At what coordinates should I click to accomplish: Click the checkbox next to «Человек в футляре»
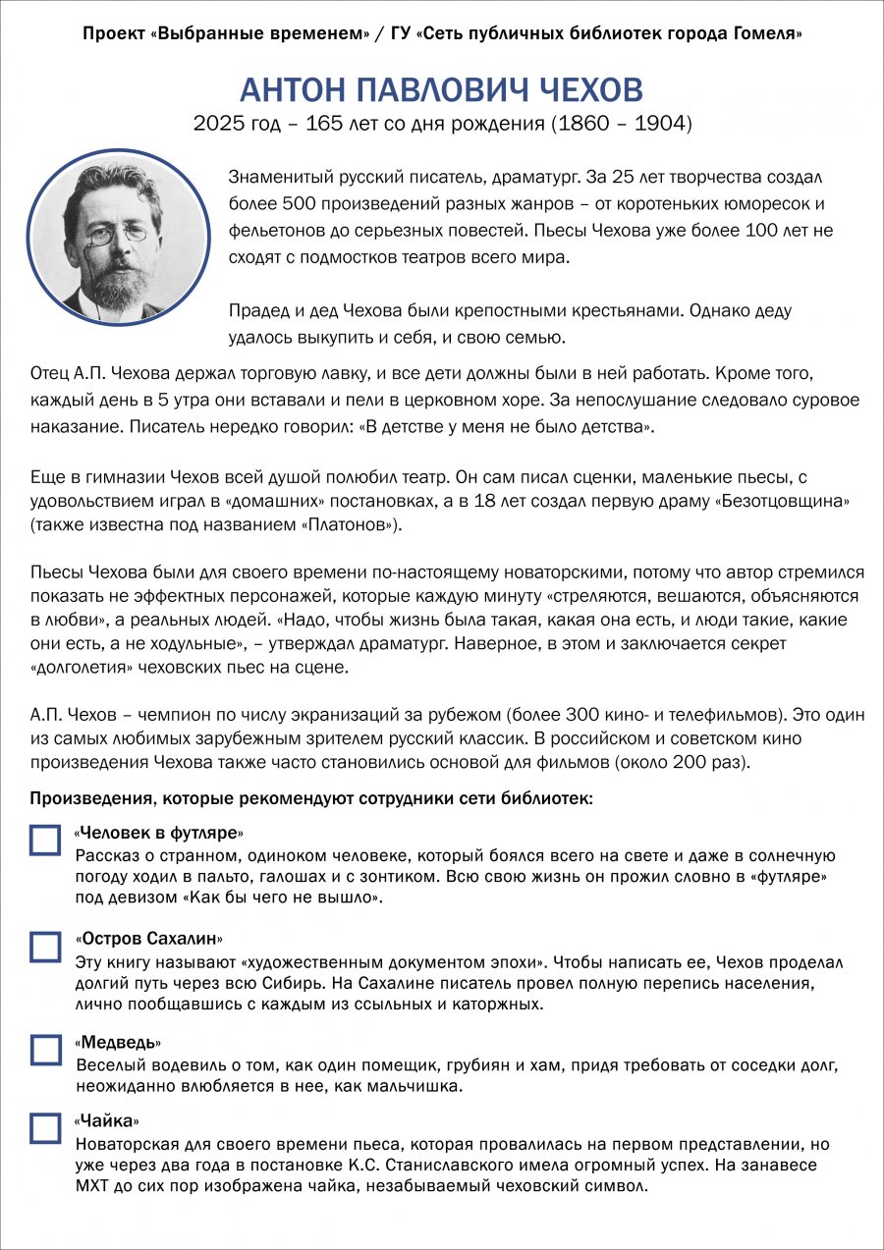coord(45,841)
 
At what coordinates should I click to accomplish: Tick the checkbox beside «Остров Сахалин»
coord(45,946)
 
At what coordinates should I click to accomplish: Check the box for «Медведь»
coord(45,1050)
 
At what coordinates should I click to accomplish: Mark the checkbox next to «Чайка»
coord(45,1128)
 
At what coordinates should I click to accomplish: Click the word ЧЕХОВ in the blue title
coord(590,90)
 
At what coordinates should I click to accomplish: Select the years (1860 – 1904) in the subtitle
coord(621,125)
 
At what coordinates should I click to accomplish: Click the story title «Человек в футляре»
coord(158,833)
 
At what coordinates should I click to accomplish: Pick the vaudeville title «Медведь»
coord(118,1042)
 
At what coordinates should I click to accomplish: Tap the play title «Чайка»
coord(107,1120)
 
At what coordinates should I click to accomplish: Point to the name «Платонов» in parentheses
coord(337,525)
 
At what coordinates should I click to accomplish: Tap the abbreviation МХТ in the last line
coord(93,1186)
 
